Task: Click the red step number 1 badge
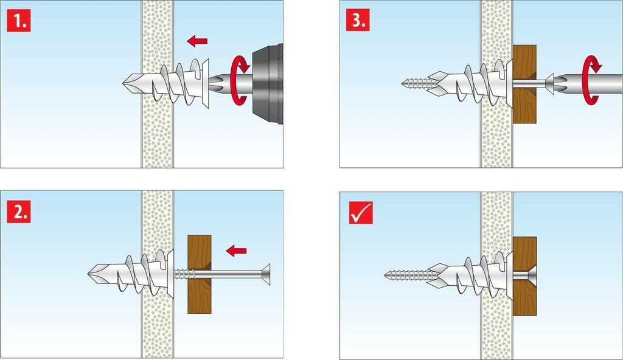[19, 20]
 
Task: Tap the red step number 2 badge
[19, 211]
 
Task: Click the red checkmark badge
[361, 213]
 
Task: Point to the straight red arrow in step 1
[197, 41]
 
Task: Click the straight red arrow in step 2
[236, 251]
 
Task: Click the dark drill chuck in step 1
[267, 84]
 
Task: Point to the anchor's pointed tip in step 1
[124, 83]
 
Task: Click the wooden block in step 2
[199, 274]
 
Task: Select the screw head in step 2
[266, 274]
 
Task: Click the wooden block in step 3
[524, 84]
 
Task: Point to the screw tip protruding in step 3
[403, 83]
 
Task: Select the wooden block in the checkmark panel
[524, 276]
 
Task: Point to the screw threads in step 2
[184, 274]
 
